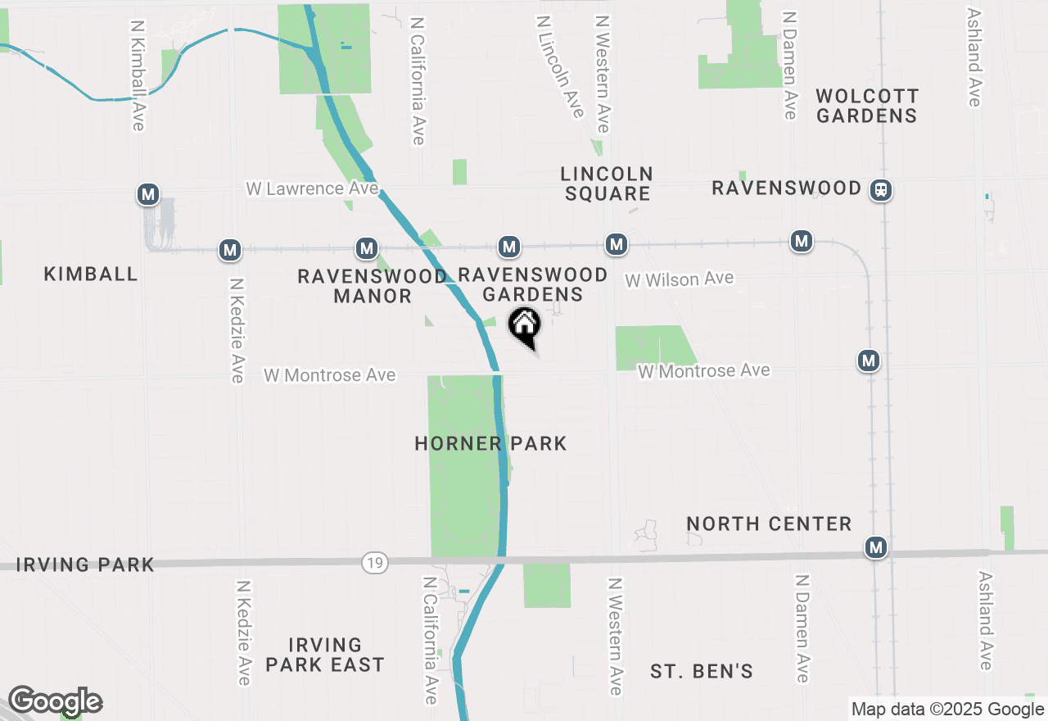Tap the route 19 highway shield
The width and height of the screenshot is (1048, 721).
coord(375,563)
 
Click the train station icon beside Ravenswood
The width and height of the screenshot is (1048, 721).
coord(881,190)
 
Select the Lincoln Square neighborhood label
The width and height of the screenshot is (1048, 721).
coord(607,184)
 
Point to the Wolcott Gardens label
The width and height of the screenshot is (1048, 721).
coord(867,106)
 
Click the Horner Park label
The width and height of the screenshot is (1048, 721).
coord(490,444)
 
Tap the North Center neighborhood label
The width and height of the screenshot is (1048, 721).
coord(769,524)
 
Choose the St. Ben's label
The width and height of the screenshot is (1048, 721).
coord(702,672)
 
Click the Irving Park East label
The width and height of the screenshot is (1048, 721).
coord(325,655)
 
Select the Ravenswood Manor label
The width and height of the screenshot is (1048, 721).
coord(372,286)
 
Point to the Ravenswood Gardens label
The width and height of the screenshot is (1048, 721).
coord(532,284)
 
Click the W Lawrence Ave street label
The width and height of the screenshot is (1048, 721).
coord(312,189)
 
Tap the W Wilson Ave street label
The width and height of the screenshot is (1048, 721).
coord(680,279)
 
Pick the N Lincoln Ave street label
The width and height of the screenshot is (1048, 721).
coord(560,66)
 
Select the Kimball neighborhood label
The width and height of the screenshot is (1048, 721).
coord(91,274)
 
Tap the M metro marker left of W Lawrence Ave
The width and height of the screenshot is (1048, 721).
coord(148,194)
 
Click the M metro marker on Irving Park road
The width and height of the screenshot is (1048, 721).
coord(876,546)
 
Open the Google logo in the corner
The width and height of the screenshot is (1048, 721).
coord(55,701)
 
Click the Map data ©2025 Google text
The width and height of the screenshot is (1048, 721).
coord(947,710)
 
